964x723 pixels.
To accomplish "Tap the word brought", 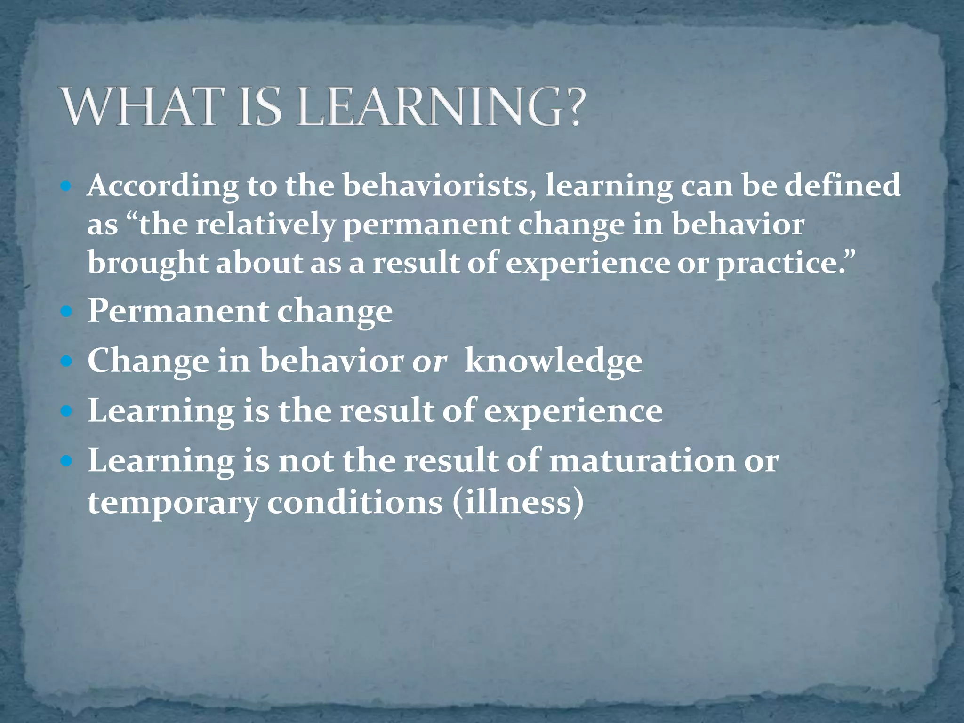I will pyautogui.click(x=147, y=264).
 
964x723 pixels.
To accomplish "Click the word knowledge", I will pyautogui.click(x=553, y=361).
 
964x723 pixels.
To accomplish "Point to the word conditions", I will pyautogui.click(x=355, y=502).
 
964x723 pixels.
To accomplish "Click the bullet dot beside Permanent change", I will pyautogui.click(x=66, y=312).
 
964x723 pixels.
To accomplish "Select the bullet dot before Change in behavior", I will pyautogui.click(x=66, y=361).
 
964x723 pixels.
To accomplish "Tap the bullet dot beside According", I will pyautogui.click(x=66, y=186).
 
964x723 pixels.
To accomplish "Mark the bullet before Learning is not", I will pyautogui.click(x=66, y=461).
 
